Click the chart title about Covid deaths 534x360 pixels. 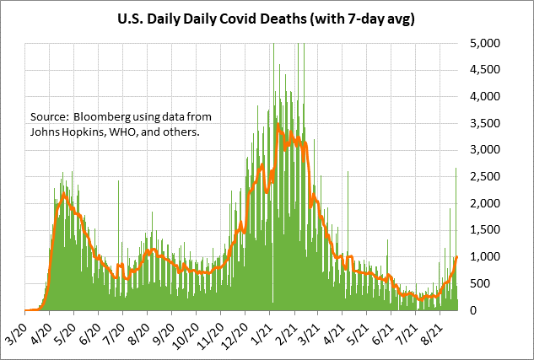267,16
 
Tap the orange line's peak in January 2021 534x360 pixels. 278,125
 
